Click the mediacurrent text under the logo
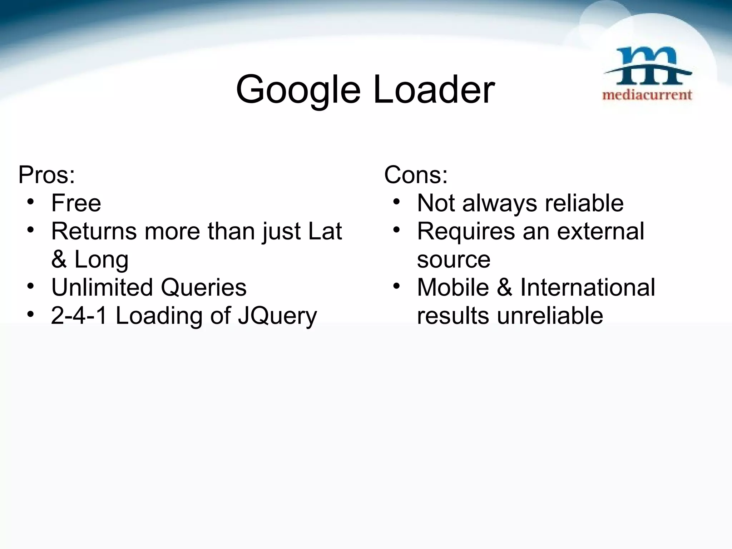coord(647,95)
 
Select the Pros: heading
coord(46,175)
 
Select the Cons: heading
coord(416,175)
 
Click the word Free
coord(76,203)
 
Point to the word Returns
coord(94,231)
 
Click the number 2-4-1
coord(79,316)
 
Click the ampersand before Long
coord(59,259)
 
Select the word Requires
coord(466,232)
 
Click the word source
coord(454,260)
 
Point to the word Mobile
coord(453,287)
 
